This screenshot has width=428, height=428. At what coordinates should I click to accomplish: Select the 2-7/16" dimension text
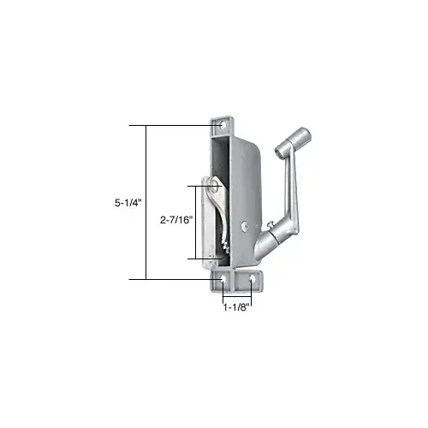click(x=177, y=219)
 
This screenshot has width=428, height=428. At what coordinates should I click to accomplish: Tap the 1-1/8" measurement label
click(x=234, y=306)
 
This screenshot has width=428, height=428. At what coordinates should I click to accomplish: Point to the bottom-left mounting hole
click(x=223, y=280)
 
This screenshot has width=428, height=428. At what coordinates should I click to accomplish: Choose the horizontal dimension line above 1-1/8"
click(x=236, y=294)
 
